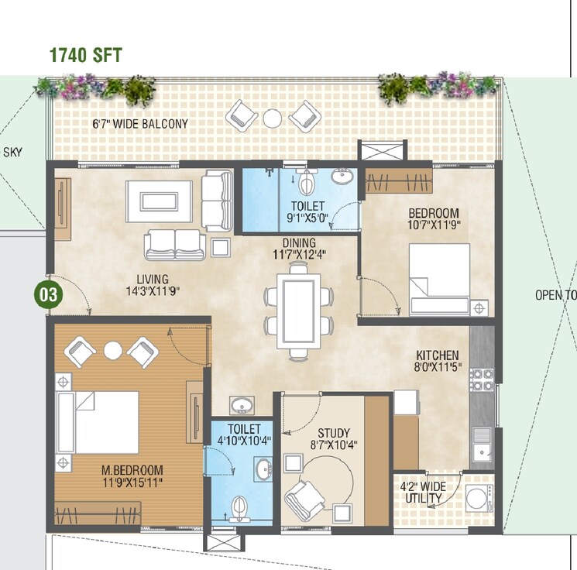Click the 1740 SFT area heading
[x=85, y=55]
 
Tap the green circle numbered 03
[x=49, y=294]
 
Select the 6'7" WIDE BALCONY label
[x=140, y=123]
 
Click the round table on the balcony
[x=272, y=118]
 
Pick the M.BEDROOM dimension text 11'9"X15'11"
[x=132, y=482]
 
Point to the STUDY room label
[x=334, y=433]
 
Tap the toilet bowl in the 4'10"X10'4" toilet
[x=240, y=506]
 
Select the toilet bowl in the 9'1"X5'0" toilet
[x=307, y=183]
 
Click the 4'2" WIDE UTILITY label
[x=421, y=493]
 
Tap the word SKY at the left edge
[x=12, y=152]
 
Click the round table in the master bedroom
[x=113, y=349]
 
